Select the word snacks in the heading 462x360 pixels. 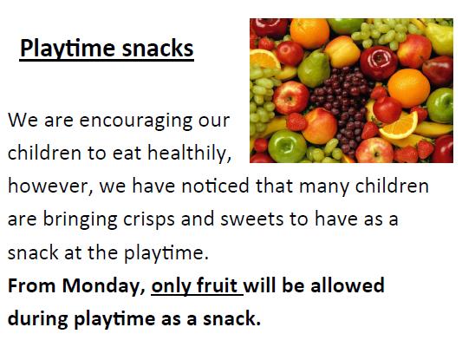pyautogui.click(x=158, y=48)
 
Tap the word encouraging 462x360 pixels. pyautogui.click(x=136, y=121)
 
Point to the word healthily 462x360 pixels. pyautogui.click(x=189, y=153)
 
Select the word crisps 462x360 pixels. pyautogui.click(x=149, y=220)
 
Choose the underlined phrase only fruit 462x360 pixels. pyautogui.click(x=197, y=286)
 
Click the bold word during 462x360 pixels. pyautogui.click(x=38, y=319)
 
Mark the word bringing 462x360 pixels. pyautogui.click(x=80, y=220)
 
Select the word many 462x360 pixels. pyautogui.click(x=324, y=187)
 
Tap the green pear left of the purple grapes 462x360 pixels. pyautogui.click(x=314, y=69)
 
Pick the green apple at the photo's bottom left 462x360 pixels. pyautogui.click(x=287, y=146)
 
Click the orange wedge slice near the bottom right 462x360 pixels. pyautogui.click(x=401, y=126)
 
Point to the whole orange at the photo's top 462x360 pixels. pyautogui.click(x=309, y=32)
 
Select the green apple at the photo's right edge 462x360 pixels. pyautogui.click(x=440, y=105)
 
